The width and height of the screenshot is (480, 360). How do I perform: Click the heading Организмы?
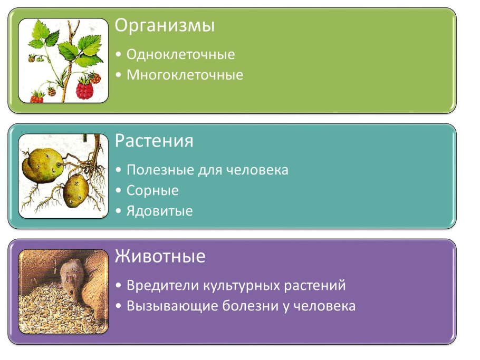pyautogui.click(x=165, y=26)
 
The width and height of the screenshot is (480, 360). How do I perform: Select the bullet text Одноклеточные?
pyautogui.click(x=180, y=54)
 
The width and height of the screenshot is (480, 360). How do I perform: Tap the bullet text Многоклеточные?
pyautogui.click(x=185, y=75)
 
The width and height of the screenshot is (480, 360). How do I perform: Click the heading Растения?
pyautogui.click(x=154, y=141)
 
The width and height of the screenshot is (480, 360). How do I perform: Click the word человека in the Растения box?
pyautogui.click(x=257, y=170)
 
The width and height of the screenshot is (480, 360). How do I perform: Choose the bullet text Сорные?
pyautogui.click(x=152, y=190)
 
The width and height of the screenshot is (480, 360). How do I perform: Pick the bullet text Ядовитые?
pyautogui.click(x=159, y=211)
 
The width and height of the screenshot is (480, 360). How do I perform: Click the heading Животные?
pyautogui.click(x=160, y=257)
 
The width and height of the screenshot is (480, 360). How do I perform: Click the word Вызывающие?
pyautogui.click(x=165, y=306)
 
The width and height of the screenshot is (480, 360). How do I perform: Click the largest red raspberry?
pyautogui.click(x=84, y=89)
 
